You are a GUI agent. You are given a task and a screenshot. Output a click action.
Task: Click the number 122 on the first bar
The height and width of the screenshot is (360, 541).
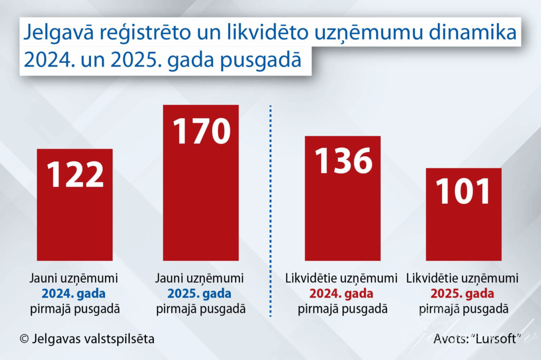coord(74,174)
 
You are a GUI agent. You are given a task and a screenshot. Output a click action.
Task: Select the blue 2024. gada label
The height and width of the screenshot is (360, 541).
coord(74,294)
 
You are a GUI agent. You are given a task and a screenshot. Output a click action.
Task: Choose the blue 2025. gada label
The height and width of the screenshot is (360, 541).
coord(201,294)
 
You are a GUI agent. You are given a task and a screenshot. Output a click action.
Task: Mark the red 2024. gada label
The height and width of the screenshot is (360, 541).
coord(341,294)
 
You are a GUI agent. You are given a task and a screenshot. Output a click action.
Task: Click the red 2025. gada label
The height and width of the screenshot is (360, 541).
coord(463,294)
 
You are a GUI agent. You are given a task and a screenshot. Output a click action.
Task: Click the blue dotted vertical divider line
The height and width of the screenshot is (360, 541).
coord(270,211)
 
